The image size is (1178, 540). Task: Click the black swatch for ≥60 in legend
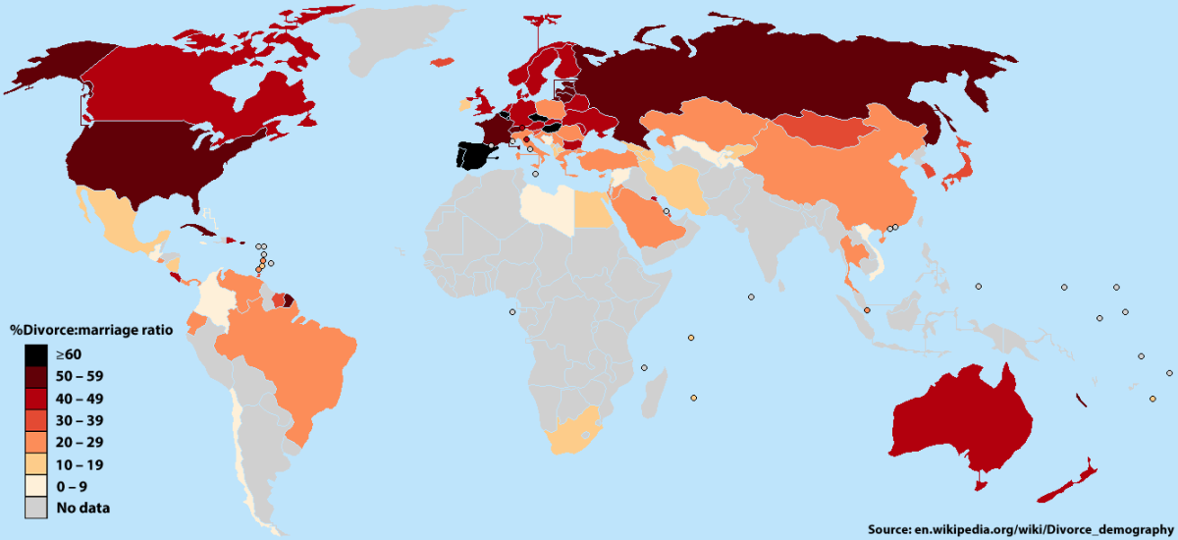pos(36,354)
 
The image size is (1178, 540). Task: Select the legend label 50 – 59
pos(80,377)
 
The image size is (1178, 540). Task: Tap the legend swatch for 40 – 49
pos(36,399)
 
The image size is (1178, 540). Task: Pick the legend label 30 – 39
pos(80,420)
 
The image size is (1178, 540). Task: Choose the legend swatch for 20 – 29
pos(36,443)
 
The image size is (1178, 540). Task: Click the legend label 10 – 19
pos(80,464)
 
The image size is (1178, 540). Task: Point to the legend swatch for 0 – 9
pos(36,486)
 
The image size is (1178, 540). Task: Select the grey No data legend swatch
pos(36,508)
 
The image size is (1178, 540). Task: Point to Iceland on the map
pos(442,60)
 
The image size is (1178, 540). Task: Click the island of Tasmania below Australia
pos(978,482)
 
